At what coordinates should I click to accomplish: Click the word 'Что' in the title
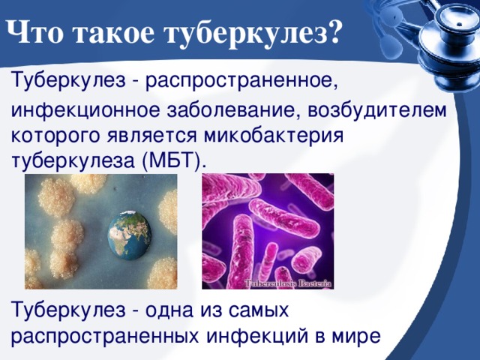coord(34,33)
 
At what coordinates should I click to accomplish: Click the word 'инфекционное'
coord(85,112)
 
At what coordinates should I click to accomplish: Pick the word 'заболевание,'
coord(234,111)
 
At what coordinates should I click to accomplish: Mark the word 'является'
coord(151,136)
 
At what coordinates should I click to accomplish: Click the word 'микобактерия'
coord(274,136)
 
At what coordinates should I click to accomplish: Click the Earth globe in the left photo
coord(130,235)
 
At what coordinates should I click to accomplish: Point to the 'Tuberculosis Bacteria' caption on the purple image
coord(288,283)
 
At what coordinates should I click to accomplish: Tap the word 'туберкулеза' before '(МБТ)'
coord(73,162)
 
